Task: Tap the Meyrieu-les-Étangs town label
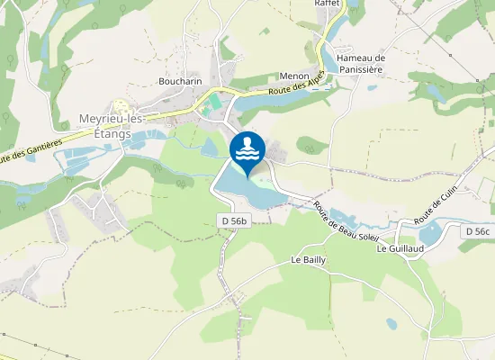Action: click(99, 127)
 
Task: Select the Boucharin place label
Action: click(179, 80)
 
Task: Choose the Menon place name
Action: click(294, 77)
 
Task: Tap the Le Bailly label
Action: click(308, 259)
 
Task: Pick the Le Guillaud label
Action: click(400, 248)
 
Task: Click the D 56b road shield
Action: click(234, 220)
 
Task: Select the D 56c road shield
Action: click(477, 231)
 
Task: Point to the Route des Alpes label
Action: click(290, 90)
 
